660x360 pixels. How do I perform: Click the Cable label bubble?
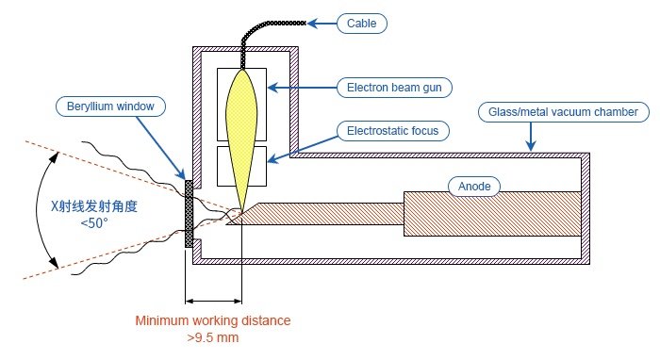pos(361,24)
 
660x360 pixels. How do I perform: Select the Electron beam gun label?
pos(394,88)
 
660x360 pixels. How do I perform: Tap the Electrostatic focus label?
pos(393,131)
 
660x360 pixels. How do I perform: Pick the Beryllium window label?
pos(110,106)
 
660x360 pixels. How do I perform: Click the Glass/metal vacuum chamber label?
pos(564,112)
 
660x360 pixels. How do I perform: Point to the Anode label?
pos(474,187)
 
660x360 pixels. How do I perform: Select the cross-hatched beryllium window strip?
pos(189,214)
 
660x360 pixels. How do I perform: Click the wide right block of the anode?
pos(492,214)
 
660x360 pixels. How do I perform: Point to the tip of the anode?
pos(227,223)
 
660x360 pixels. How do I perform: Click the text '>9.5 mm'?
pos(213,337)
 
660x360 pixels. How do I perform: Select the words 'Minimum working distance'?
pos(213,320)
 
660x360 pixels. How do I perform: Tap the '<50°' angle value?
pos(94,223)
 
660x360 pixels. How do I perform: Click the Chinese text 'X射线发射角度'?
pos(94,206)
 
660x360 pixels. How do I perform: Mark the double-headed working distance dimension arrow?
pos(213,302)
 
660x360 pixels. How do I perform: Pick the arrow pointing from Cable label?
pos(322,24)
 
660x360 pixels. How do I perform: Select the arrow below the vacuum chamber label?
pos(531,137)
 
